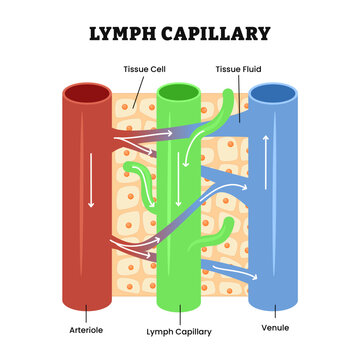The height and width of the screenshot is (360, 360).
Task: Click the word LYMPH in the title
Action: [x=123, y=34]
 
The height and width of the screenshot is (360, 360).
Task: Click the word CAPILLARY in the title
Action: [x=215, y=34]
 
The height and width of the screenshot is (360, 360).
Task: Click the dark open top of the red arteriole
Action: [x=87, y=94]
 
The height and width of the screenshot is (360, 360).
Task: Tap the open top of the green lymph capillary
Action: [x=180, y=94]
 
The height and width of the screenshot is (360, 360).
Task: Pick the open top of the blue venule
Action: [x=274, y=94]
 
